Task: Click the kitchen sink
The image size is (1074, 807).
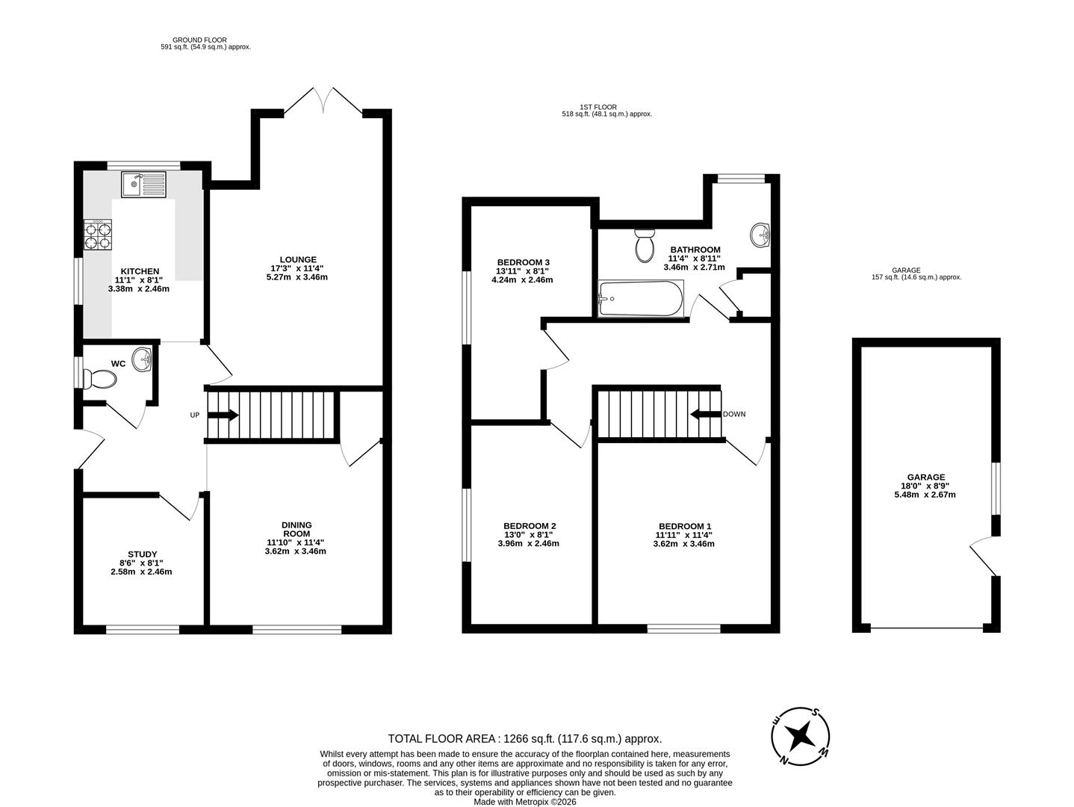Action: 143,184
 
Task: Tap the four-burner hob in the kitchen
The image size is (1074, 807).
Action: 97,234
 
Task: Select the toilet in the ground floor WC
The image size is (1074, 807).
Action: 100,380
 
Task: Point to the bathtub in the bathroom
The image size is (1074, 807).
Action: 640,299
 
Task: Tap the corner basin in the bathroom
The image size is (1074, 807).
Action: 760,235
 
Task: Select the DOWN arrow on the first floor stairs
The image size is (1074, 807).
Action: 704,414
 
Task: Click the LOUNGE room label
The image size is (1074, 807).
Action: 299,259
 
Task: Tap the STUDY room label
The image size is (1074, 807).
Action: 141,554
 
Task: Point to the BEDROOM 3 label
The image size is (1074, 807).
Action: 523,262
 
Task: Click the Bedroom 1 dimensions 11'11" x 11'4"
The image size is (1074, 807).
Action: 686,535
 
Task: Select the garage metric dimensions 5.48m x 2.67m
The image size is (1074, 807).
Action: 925,495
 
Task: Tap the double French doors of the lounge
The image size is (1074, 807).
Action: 323,102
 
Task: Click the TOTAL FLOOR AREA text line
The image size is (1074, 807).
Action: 524,738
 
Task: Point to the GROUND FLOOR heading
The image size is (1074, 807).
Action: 199,40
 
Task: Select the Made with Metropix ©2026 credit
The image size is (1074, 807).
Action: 525,802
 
